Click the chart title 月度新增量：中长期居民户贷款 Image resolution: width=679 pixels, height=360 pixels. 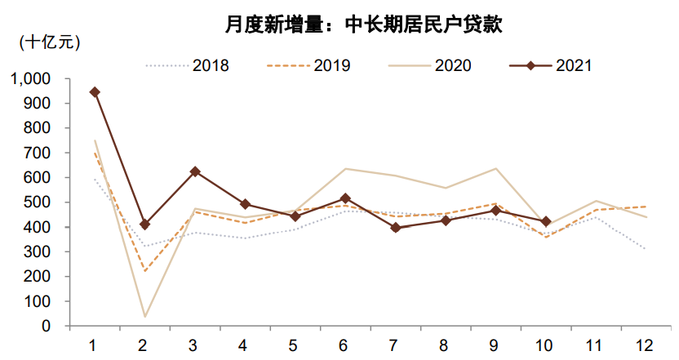(x=363, y=24)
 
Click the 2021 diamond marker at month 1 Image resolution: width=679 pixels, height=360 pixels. (x=95, y=92)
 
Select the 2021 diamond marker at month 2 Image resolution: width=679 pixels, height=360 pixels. (x=145, y=224)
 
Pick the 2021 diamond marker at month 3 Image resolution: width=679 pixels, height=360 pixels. (x=195, y=171)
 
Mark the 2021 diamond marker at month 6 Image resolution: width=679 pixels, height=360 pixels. (x=345, y=198)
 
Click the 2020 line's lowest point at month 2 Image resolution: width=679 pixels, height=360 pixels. (x=145, y=317)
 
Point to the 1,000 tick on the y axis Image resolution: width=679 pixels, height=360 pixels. (x=31, y=79)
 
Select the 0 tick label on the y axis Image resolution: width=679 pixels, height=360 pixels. (x=47, y=326)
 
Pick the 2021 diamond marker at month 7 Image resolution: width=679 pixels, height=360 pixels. (x=396, y=228)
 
